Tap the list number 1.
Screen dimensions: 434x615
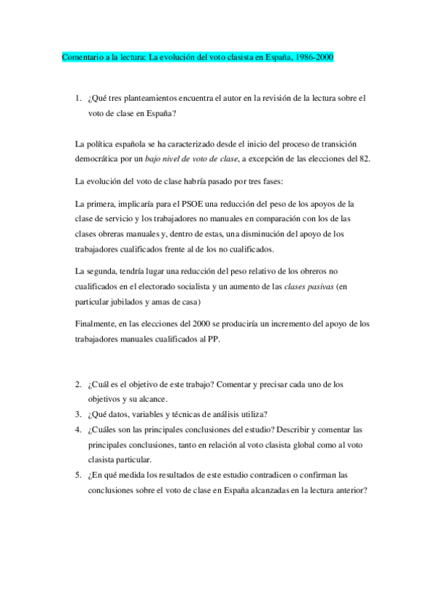(x=78, y=97)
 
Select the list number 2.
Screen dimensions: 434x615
(x=78, y=383)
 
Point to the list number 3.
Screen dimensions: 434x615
(x=78, y=414)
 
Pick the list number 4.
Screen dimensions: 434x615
(x=78, y=429)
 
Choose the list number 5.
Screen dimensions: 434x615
(x=78, y=476)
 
